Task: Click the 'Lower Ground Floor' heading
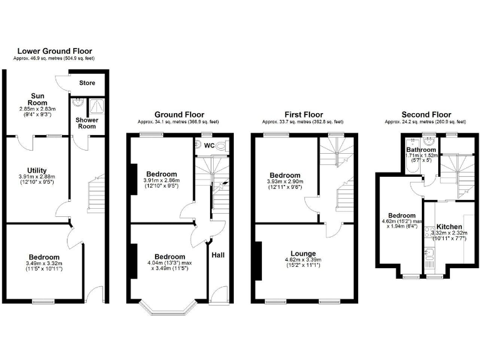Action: [x=54, y=51]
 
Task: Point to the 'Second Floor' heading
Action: [x=427, y=114]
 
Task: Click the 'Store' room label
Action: [x=87, y=82]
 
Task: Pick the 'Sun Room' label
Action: [x=37, y=99]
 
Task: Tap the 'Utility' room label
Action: [x=37, y=170]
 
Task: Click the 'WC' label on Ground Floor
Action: [x=209, y=145]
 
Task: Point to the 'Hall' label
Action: [x=217, y=255]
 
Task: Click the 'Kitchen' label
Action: [x=449, y=226]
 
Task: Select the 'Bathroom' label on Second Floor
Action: [x=421, y=150]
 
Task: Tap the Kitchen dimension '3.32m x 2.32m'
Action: [x=449, y=234]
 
